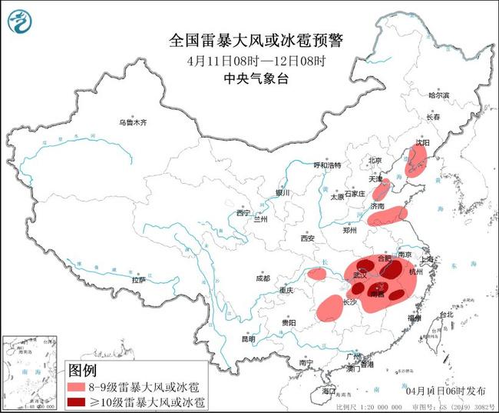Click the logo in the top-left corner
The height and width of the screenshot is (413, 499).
point(21,24)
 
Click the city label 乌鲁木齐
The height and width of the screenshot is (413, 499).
point(131,122)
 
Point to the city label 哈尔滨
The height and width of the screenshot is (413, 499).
point(438,95)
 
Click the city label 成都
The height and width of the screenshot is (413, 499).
point(263,278)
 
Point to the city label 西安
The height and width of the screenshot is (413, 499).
point(308,238)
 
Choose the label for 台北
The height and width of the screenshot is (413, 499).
point(445,315)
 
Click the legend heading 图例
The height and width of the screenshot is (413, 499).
point(82,371)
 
